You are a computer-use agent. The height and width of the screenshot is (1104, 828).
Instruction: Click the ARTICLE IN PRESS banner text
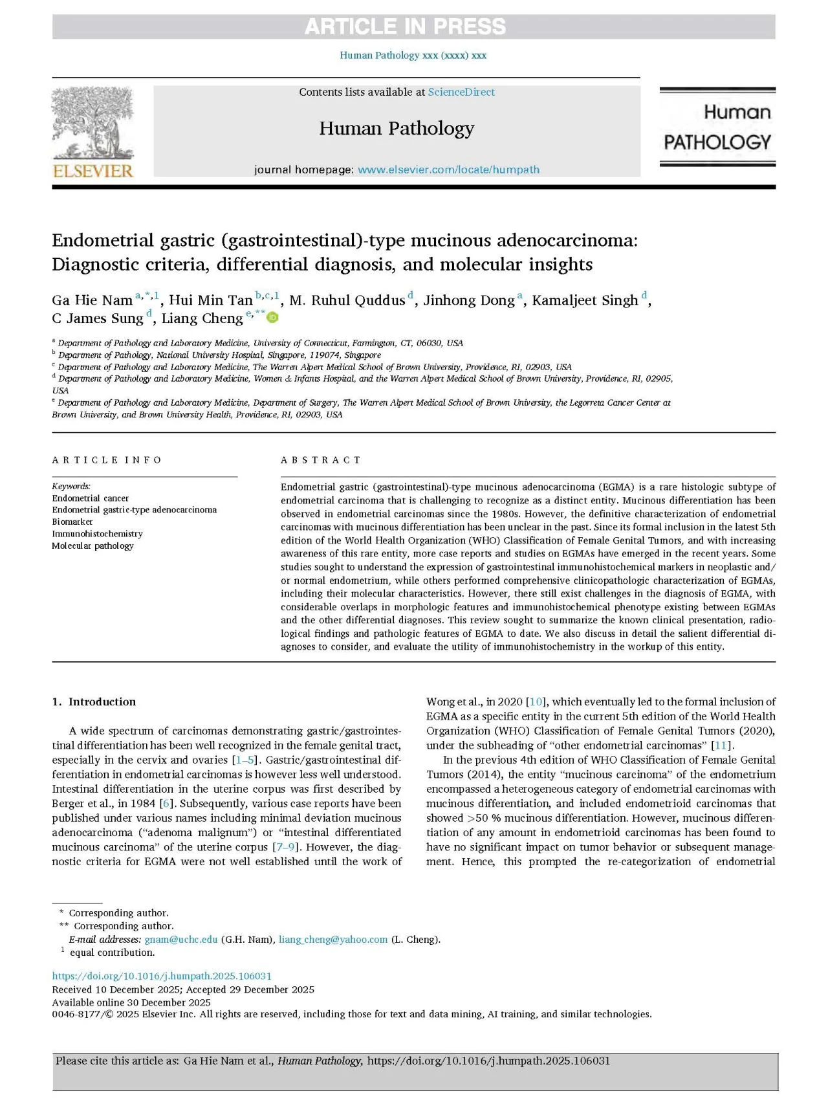pos(405,27)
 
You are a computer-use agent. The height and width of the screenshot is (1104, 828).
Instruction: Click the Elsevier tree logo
pos(93,123)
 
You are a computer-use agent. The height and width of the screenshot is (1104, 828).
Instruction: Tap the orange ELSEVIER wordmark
pos(93,171)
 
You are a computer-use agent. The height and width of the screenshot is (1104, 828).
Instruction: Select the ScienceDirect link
pos(461,92)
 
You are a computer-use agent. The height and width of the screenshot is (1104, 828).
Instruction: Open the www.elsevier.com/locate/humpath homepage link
pos(448,170)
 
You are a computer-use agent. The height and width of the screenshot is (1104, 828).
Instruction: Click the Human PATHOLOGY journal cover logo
pos(717,127)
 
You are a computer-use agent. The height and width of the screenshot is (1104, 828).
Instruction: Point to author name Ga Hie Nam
pos(92,300)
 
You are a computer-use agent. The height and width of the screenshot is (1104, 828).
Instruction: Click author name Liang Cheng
pos(202,318)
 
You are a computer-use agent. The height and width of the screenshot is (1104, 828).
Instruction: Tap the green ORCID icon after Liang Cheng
pos(273,317)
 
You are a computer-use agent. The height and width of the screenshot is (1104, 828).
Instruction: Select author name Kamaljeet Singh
pos(585,300)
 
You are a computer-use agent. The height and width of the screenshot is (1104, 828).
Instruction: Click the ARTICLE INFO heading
pos(107,460)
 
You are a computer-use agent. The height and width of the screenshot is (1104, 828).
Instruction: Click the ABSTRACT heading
pos(320,460)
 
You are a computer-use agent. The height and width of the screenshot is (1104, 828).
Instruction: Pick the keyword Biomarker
pos(72,522)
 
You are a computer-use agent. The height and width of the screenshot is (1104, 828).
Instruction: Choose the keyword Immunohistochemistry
pos(97,534)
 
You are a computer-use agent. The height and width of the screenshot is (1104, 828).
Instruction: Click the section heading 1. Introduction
pos(94,701)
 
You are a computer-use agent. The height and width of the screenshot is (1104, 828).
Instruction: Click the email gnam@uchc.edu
pos(181,940)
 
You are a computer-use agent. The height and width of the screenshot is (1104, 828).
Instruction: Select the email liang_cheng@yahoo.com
pos(333,940)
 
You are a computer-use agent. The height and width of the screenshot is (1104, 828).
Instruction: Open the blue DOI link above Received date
pos(162,976)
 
